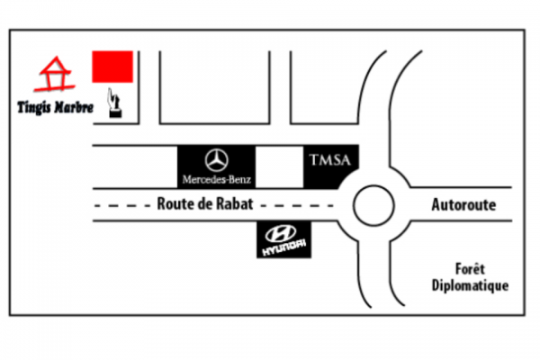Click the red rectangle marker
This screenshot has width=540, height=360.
112,66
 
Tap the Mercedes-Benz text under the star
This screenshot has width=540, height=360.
216,179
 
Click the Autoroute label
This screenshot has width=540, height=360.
463,205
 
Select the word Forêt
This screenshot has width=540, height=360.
470,269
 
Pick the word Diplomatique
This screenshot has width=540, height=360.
470,285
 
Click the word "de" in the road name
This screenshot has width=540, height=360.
202,204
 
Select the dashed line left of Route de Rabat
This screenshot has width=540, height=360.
121,205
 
